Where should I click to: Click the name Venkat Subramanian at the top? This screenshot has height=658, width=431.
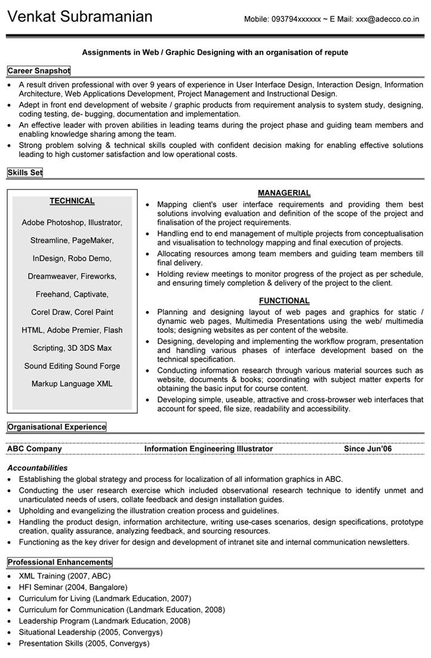(80, 16)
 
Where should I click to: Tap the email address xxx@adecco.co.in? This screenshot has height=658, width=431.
(387, 19)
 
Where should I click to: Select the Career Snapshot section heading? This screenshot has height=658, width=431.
(39, 71)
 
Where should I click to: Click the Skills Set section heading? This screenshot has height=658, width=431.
(25, 173)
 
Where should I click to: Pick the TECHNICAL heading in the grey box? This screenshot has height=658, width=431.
(72, 201)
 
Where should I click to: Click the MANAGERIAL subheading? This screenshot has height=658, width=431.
(284, 193)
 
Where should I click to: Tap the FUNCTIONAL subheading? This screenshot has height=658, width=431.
(284, 301)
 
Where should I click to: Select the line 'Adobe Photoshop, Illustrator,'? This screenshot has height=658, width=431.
(72, 223)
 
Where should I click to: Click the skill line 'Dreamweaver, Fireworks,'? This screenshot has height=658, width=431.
(72, 276)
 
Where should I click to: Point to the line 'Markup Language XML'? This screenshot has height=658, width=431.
(72, 384)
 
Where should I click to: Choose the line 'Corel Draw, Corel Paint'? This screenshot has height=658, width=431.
(72, 312)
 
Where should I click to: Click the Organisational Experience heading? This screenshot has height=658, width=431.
(57, 427)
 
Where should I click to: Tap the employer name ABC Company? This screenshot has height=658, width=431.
(34, 449)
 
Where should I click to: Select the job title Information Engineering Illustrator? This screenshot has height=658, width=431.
(208, 449)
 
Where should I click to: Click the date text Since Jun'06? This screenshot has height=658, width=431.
(368, 449)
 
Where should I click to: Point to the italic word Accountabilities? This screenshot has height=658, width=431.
(37, 468)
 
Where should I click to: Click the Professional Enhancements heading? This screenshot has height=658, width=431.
(60, 562)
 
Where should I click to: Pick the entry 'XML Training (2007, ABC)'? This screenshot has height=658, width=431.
(64, 577)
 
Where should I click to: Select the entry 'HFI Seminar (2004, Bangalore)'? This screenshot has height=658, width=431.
(73, 588)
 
